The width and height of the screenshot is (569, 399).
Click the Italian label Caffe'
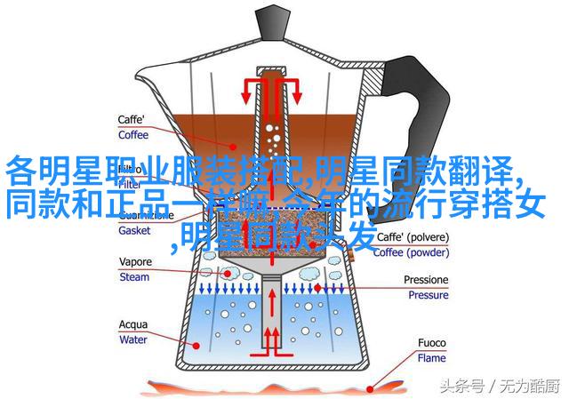point(134,120)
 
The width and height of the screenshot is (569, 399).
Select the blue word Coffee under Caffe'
point(135,135)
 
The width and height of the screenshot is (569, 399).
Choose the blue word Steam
point(135,277)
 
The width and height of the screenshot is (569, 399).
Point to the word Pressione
point(425,280)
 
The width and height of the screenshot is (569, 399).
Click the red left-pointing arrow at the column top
point(248,90)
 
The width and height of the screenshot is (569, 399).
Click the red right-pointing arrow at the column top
point(294,90)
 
